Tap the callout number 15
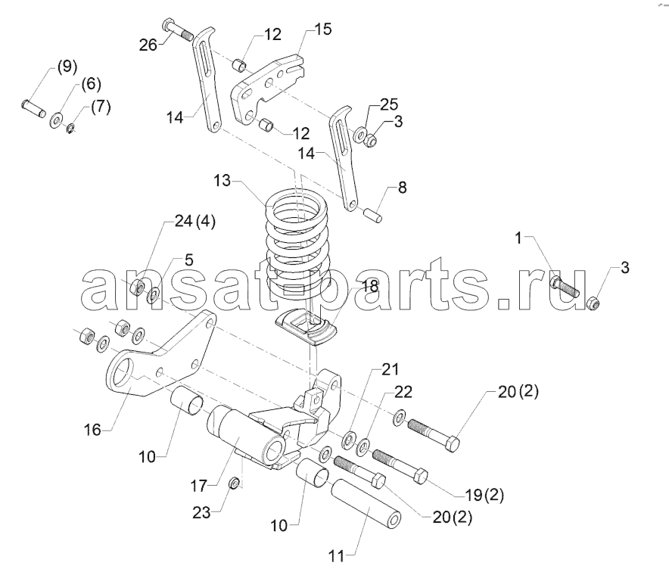323,29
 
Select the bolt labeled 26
178,30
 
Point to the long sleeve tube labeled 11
366,503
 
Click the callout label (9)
67,67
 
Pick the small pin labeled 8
373,214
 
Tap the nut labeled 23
235,483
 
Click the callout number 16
92,430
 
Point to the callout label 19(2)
483,495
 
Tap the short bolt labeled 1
565,287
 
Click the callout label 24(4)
194,222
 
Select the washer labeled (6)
56,120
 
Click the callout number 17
199,486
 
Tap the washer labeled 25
360,135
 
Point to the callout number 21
390,369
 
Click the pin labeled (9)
33,109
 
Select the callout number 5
188,260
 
